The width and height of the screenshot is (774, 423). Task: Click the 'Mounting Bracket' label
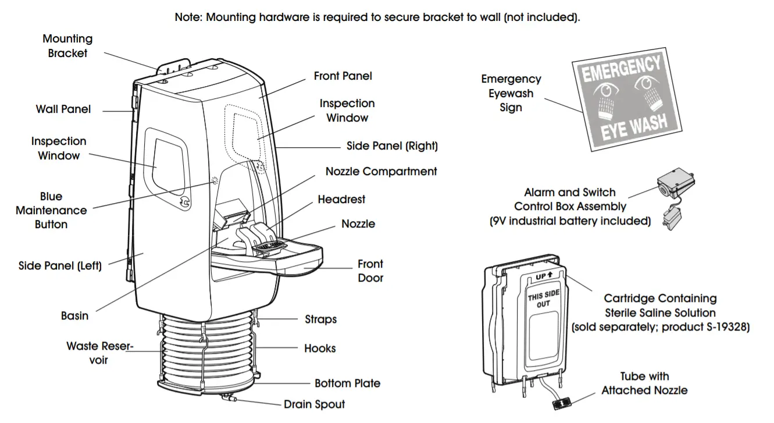tap(67, 46)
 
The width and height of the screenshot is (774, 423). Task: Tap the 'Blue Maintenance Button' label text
tap(51, 210)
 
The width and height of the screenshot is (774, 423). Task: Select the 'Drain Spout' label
tap(314, 404)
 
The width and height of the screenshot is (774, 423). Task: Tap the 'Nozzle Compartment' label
tap(381, 172)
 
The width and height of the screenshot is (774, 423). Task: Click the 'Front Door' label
tap(370, 271)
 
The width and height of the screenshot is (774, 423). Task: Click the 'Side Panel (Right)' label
tap(392, 146)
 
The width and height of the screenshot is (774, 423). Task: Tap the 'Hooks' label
tap(320, 349)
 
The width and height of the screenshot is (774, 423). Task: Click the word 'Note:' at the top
tap(189, 17)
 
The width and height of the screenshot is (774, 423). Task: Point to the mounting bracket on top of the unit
tap(174, 65)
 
